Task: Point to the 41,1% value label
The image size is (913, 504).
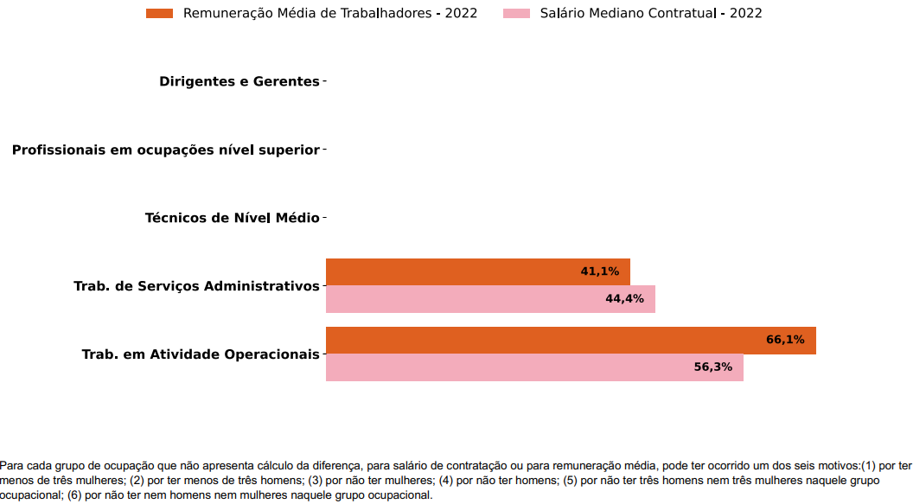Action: [x=599, y=271]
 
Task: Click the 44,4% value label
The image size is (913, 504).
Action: [x=624, y=299]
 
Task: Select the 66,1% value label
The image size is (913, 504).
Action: [x=785, y=340]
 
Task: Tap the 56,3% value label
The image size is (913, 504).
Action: [x=712, y=367]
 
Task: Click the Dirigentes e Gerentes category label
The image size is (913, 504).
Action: [x=239, y=81]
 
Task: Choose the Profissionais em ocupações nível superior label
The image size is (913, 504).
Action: [x=165, y=150]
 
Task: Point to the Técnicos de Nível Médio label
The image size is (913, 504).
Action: [x=232, y=218]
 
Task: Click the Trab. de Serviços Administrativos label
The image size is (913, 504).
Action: [x=196, y=286]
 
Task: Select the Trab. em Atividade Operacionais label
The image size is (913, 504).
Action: [x=201, y=354]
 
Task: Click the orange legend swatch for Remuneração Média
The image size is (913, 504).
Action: [x=160, y=13]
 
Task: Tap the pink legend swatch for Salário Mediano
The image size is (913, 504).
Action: [x=516, y=13]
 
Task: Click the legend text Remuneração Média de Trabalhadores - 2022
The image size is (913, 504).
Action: [x=330, y=13]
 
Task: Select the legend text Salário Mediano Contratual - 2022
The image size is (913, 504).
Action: [x=651, y=13]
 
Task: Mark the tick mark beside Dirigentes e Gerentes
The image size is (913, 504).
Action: [x=324, y=81]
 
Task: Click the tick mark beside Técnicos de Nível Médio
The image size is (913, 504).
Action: [x=324, y=218]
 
